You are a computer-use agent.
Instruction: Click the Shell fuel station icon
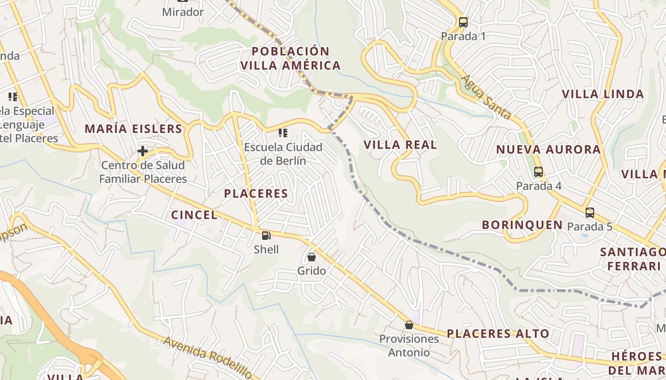coord(266,235)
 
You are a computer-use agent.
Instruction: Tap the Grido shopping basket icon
coord(312,257)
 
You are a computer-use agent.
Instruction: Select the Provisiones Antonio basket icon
coord(409,325)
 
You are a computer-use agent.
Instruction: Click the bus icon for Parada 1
coord(463,22)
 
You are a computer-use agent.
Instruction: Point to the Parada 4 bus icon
coord(539,172)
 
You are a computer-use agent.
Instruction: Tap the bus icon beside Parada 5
coord(590,213)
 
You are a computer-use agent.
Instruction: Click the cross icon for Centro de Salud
coord(142,151)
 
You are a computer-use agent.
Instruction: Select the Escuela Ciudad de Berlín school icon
coord(283,133)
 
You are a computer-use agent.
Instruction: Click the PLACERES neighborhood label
coord(256,193)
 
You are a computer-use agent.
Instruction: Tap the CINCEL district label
coord(194,215)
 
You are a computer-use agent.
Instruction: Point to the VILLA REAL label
coord(400,145)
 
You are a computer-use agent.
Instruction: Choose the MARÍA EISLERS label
coord(134,128)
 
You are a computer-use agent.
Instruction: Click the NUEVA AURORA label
coord(548,150)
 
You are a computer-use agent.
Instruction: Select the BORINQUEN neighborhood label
coord(522,225)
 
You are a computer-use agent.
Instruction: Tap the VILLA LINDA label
coord(603,94)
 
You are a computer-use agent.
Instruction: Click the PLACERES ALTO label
coord(498,333)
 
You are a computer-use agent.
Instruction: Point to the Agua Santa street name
coord(486,97)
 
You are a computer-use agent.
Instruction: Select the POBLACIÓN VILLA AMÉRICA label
coord(290,58)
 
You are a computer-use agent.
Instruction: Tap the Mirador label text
coord(183,12)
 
